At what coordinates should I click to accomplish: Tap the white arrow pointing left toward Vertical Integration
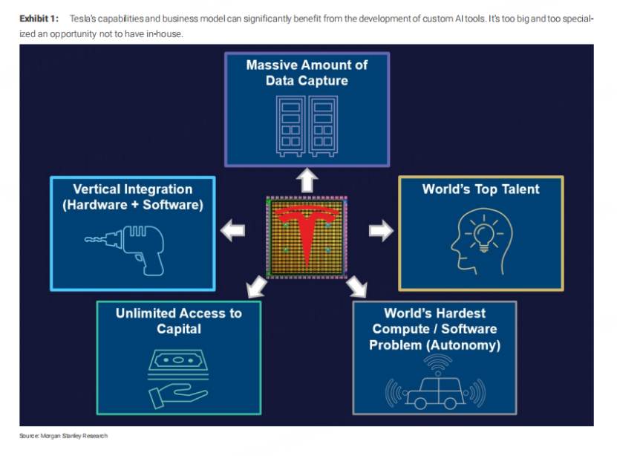coord(234,230)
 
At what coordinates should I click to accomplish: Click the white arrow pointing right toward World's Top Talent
coord(381,231)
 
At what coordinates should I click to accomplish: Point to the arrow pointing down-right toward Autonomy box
coord(358,286)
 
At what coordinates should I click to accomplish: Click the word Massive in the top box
coord(274,65)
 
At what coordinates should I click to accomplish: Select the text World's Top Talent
coord(480,189)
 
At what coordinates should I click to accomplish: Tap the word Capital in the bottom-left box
coord(179,329)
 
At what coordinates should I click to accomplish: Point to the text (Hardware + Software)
coord(133,205)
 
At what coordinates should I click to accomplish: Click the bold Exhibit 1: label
coord(38,18)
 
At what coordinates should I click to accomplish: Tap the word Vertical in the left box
coord(99,189)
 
